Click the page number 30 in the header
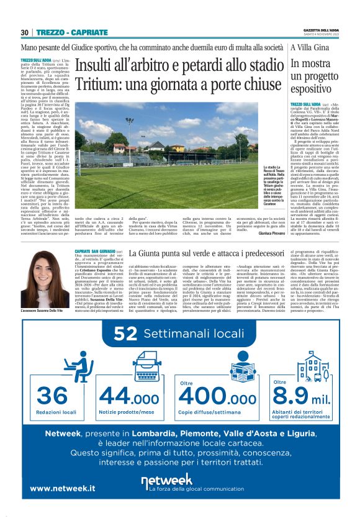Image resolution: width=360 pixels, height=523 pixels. [x=25, y=32]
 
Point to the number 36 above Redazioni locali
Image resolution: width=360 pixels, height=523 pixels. [x=52, y=395]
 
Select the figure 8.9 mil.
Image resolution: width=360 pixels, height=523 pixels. [x=305, y=396]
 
